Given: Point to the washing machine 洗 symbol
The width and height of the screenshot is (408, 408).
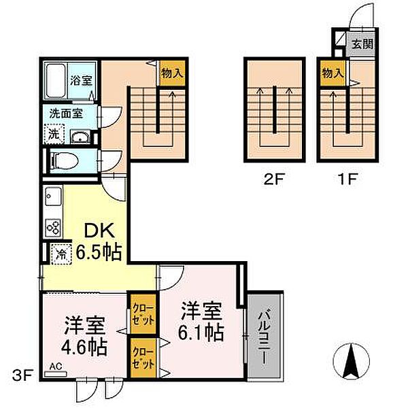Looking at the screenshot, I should click(53, 134).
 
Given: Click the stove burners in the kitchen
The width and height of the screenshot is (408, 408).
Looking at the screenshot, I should click(53, 226).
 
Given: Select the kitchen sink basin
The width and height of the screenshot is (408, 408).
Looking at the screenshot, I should click(52, 199).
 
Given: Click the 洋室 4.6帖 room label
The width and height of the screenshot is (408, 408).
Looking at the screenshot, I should click(84, 336).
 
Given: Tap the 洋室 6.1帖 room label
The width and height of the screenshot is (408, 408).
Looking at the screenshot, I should click(202, 322).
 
